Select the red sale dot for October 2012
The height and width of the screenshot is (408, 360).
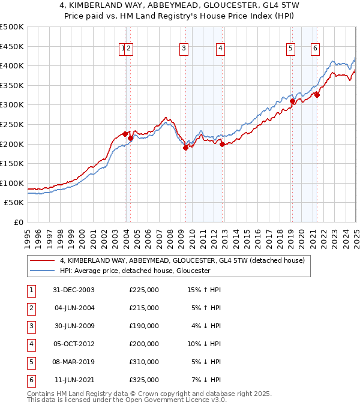pos(222,144)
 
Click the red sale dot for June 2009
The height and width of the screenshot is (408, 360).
pos(185,148)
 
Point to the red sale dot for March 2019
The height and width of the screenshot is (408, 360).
pos(292,101)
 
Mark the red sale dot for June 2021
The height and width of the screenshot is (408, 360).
pos(317,95)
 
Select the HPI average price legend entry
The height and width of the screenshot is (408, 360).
pos(134,271)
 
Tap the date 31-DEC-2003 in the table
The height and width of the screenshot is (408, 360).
pos(73,290)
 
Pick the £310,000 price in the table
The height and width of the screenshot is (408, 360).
pos(144,362)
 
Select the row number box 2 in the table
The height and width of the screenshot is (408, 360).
pos(30,308)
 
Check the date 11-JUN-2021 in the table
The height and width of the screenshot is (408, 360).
pos(73,380)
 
